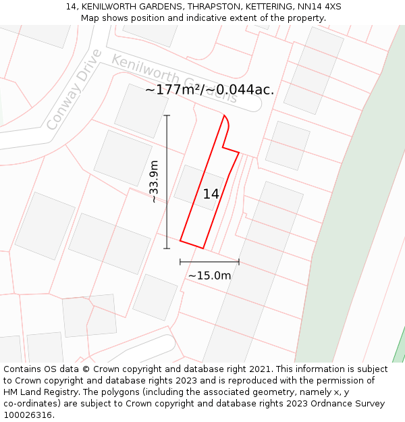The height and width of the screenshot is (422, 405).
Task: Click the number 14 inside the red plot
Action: [211, 194]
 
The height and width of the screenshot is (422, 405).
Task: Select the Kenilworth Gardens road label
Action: [174, 79]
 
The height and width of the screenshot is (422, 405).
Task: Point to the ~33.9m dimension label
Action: [154, 182]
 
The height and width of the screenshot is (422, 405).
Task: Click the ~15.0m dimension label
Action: [209, 275]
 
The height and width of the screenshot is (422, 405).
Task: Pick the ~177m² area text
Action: [172, 90]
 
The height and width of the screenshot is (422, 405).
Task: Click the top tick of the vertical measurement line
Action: [167, 115]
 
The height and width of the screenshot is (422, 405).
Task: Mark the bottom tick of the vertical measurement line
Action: [167, 248]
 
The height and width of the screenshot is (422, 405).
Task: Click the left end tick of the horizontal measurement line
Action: [180, 262]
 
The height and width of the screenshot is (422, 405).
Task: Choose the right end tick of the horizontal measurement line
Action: [239, 262]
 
